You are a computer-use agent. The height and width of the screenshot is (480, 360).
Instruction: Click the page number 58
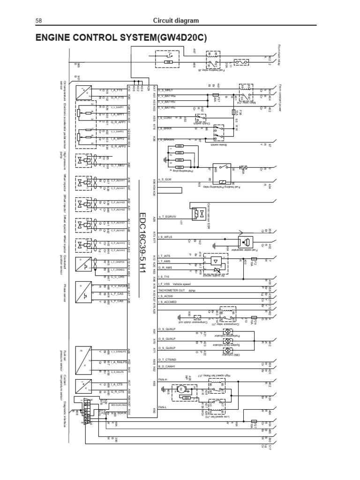pyautogui.click(x=39, y=21)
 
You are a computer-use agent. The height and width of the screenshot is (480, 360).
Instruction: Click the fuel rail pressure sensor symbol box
pyautogui.click(x=86, y=358)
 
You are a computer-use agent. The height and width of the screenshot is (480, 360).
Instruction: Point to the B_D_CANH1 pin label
pyautogui.click(x=170, y=366)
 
